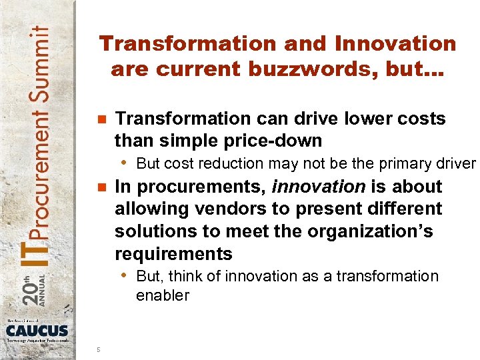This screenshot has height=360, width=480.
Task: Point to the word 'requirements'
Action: pyautogui.click(x=173, y=254)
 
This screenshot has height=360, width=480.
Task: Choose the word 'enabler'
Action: pyautogui.click(x=163, y=295)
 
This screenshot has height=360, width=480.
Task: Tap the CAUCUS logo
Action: pyautogui.click(x=37, y=330)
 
